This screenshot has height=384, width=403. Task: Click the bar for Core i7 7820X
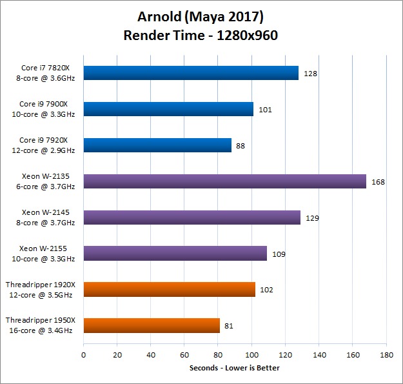click(191, 73)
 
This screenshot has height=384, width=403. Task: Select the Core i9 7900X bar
click(168, 109)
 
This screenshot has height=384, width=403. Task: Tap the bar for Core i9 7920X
click(157, 145)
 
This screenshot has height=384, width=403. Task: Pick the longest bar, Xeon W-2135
click(224, 181)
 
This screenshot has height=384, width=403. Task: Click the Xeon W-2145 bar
click(192, 217)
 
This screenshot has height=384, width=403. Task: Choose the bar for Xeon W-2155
click(175, 253)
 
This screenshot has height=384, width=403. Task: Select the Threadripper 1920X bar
click(169, 289)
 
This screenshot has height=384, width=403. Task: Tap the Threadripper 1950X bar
click(152, 325)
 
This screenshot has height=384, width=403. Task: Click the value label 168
click(378, 182)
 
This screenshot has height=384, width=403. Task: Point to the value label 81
click(229, 326)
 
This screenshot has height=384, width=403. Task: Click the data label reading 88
click(241, 146)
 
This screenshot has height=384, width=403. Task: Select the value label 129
click(312, 218)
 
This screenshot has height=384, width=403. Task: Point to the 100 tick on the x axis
click(252, 355)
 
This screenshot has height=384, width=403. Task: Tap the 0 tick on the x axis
click(83, 355)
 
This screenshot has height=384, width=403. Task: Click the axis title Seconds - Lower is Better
click(234, 368)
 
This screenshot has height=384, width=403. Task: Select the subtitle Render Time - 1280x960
click(201, 35)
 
